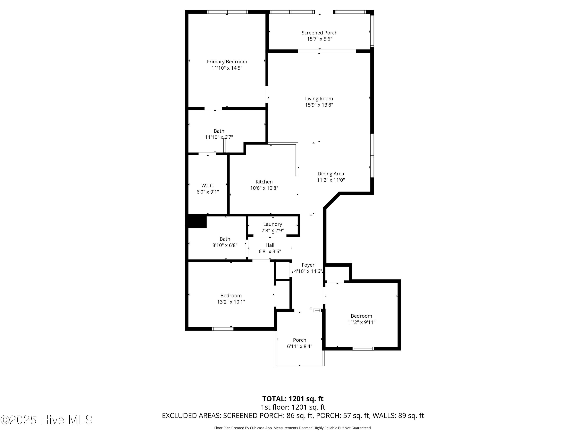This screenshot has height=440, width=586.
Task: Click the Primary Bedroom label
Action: point(227,62)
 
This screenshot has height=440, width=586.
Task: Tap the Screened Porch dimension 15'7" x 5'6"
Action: point(320,39)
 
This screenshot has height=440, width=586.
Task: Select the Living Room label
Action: point(319,99)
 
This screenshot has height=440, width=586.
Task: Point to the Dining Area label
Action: point(331,174)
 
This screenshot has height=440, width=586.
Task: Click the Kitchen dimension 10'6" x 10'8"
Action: point(264,188)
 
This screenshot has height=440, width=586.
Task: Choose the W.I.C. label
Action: point(208,186)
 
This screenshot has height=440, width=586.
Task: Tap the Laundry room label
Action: point(273,224)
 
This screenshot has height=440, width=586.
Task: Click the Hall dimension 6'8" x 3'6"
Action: point(270,251)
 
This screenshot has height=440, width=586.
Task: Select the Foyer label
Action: point(308,265)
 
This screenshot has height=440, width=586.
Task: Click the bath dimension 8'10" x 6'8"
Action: point(225,245)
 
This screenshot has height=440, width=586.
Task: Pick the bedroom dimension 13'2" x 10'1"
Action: point(231,302)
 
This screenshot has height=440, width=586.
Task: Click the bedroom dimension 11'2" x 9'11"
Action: point(361,322)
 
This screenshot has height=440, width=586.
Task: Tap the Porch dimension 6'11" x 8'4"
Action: point(300,346)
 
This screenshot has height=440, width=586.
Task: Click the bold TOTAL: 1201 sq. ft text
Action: point(293,399)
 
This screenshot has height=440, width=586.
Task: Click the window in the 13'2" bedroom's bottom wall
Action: point(222,329)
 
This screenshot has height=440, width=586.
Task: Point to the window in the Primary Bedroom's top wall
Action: point(227,12)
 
